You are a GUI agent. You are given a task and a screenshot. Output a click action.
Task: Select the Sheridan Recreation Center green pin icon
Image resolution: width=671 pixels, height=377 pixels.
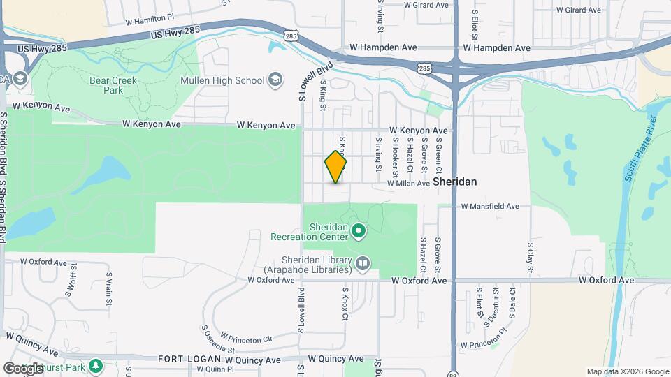coord(359,229)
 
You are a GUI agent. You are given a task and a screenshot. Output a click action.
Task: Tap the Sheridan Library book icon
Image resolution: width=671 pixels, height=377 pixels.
coord(362,263)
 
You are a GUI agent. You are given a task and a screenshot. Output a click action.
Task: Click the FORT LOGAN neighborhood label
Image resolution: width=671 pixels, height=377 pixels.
coord(183,359)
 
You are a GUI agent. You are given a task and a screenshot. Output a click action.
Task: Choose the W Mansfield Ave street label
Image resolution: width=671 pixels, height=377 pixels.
coord(490,207)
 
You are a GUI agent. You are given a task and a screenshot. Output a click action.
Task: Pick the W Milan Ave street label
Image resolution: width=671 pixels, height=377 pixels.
coord(408,184)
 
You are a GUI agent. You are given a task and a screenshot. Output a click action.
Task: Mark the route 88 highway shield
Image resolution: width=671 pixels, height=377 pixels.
coord(453,372)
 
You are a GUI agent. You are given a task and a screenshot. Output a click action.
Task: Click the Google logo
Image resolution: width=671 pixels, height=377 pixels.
coord(22,369)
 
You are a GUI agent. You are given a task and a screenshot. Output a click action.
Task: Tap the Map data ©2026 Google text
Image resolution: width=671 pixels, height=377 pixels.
coord(628,372)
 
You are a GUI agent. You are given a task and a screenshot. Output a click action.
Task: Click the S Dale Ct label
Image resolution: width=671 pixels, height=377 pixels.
coord(513,302)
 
